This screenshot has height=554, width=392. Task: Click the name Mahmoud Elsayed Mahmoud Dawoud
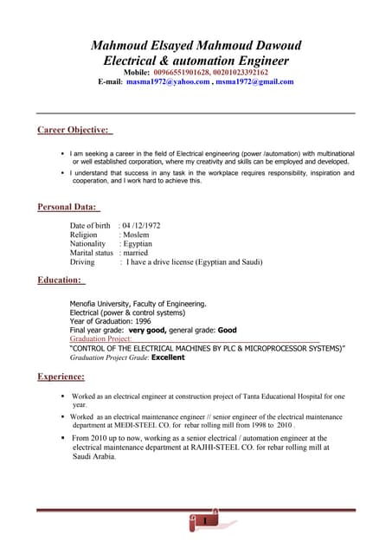[x=196, y=44]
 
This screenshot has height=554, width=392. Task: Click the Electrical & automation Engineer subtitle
[x=196, y=61]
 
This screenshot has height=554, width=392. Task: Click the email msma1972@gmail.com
[x=254, y=82]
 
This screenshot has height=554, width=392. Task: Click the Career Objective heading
[x=74, y=131]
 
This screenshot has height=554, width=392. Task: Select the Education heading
[x=60, y=280]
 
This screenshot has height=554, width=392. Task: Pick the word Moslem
[x=136, y=235]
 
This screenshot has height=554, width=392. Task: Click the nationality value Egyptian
[x=138, y=244]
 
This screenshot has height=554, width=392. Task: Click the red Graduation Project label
[x=100, y=339]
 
